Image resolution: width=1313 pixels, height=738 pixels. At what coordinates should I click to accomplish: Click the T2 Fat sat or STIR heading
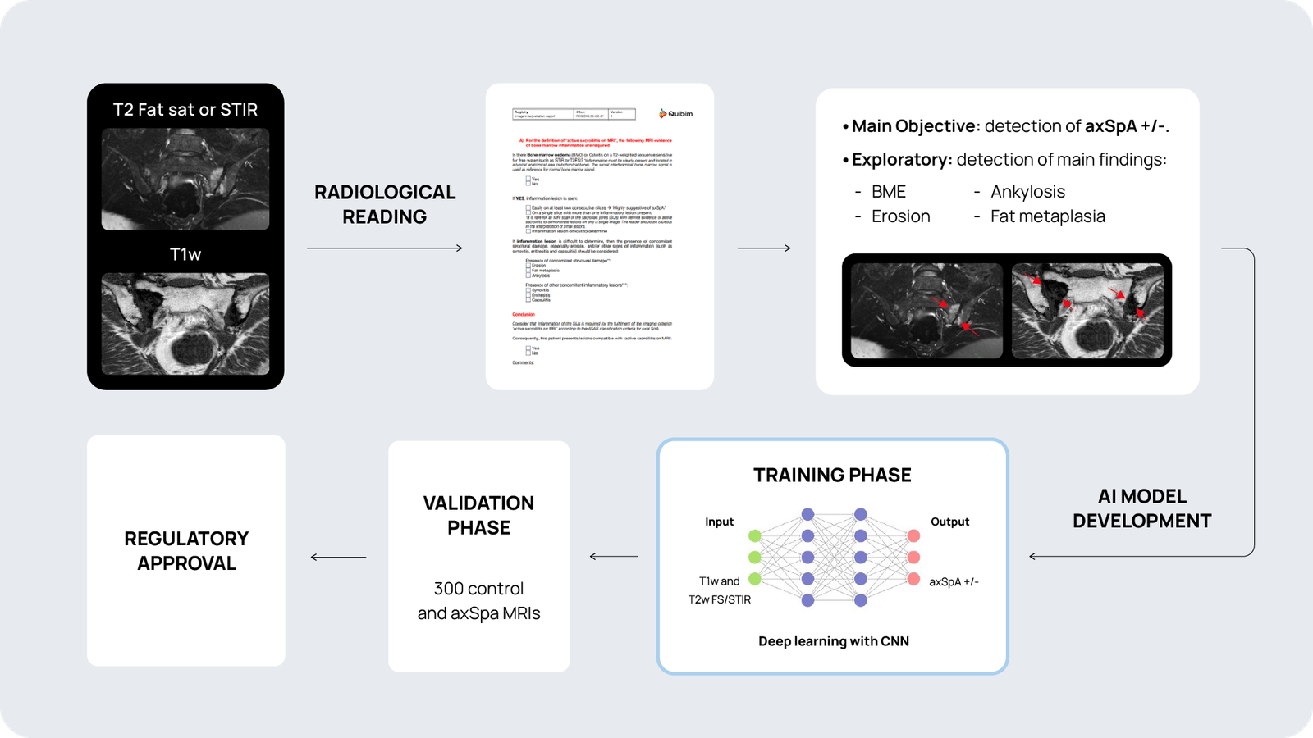coord(185,110)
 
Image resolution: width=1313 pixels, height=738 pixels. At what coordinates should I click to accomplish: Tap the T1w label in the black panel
coord(185,254)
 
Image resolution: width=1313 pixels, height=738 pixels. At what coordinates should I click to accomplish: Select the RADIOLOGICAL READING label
coord(385,204)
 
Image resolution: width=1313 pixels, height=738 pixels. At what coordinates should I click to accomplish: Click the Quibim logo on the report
coord(676,114)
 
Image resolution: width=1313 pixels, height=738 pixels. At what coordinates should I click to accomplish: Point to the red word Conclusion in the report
coord(524,314)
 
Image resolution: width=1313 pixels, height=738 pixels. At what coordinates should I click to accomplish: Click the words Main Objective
coord(915,126)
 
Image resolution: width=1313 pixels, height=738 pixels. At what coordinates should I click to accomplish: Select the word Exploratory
coord(901,160)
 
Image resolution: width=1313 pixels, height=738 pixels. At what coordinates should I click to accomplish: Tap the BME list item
coord(888,192)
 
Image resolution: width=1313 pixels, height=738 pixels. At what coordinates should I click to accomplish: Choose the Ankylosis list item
coord(1027,192)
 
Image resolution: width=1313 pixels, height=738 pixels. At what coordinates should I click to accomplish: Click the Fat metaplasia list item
coord(1047,216)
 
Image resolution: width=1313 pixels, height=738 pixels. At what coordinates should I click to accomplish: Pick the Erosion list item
coord(900,216)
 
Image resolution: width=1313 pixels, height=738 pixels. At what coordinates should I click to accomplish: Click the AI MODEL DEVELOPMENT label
coord(1141,508)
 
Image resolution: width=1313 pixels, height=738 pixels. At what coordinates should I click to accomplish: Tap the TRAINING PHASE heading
coord(832,476)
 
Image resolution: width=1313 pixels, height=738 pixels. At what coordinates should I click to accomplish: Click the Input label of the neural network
coord(719,522)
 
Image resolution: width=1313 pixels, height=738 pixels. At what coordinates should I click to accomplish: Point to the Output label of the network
coord(949,522)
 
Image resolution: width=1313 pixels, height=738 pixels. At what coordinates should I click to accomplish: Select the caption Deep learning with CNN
coord(833,641)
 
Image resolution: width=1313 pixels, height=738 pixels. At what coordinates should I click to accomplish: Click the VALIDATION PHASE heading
coord(478,515)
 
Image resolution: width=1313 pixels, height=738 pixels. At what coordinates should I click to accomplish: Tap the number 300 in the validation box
coord(449,589)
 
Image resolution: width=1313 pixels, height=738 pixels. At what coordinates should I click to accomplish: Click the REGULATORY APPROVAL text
coord(186,551)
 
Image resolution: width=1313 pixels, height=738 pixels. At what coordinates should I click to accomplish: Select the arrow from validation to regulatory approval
coord(338,558)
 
